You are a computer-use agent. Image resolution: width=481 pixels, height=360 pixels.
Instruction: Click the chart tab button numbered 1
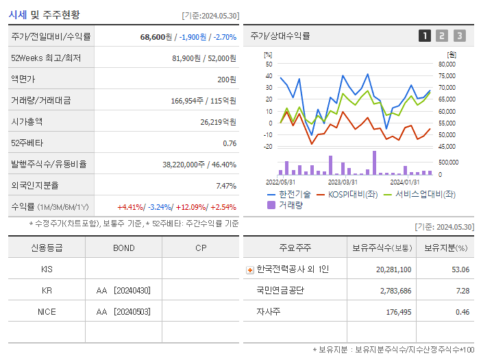pos(425,36)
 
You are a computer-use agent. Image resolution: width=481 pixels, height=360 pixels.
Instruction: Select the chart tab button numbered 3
pos(459,36)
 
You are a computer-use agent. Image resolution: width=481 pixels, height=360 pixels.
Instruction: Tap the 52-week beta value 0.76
pos(230,143)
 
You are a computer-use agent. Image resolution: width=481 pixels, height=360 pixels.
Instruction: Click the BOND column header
pos(123,248)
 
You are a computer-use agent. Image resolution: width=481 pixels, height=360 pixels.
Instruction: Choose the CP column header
pos(200,248)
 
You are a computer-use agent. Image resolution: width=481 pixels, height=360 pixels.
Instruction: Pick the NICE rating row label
pos(47,311)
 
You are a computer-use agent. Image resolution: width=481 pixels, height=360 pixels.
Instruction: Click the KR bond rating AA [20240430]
pos(123,290)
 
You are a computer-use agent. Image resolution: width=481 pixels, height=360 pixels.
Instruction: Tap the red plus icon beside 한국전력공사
pos(250,269)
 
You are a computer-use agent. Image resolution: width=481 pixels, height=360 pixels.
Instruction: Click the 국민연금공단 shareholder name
pos(281,290)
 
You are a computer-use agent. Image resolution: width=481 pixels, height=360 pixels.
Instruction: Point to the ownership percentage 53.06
pos(460,269)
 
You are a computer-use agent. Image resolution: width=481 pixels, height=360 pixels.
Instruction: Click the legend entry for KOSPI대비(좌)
pos(353,194)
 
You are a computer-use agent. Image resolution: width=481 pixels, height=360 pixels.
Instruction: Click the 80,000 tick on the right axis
pos(446,64)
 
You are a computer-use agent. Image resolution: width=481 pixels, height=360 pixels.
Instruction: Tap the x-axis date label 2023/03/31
pos(343,182)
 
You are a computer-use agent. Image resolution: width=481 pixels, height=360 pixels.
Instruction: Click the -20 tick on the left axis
pos(267,146)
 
